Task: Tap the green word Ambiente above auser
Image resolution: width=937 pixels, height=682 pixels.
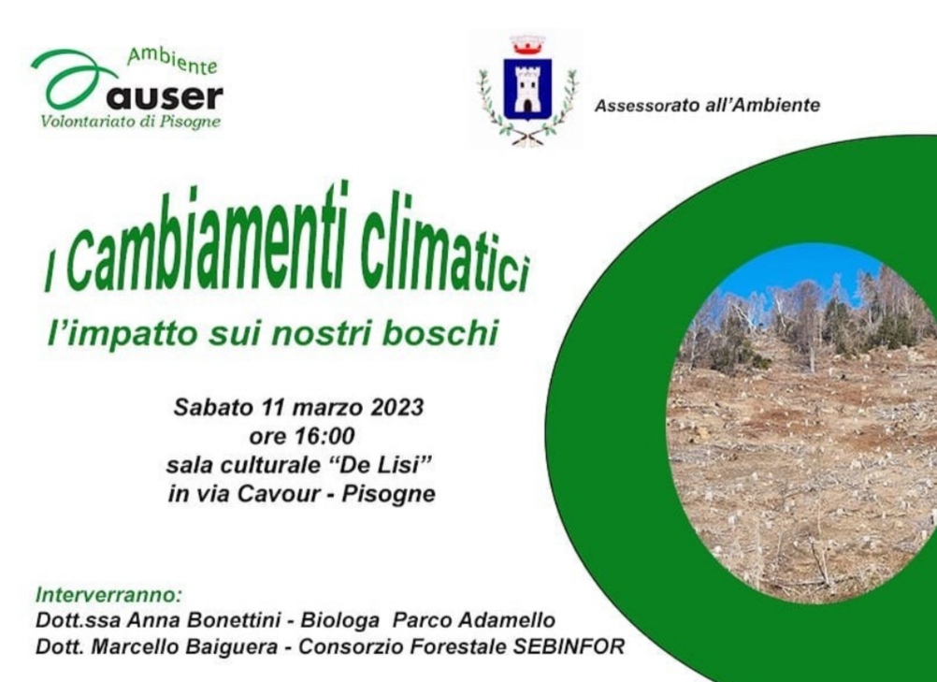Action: [x=172, y=61]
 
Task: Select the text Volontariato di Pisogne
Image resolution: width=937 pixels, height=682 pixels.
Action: [x=130, y=122]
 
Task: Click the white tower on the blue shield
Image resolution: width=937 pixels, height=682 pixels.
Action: [x=527, y=90]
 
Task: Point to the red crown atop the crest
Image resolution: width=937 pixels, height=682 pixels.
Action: [x=527, y=45]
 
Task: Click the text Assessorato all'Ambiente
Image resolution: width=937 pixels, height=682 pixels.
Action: [x=707, y=105]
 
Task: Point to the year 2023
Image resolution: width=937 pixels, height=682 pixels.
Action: [x=396, y=408]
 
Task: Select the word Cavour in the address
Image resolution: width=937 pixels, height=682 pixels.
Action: [x=284, y=494]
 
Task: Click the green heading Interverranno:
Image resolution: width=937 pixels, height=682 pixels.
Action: [x=108, y=595]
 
